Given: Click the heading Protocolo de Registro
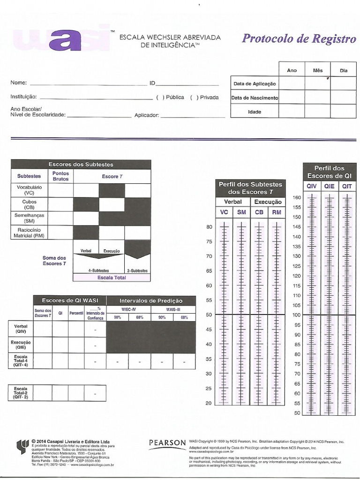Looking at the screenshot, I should (299, 39).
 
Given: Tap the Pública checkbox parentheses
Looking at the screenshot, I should (160, 97).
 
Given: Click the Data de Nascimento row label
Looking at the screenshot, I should (255, 98).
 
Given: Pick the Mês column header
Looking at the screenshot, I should (318, 70).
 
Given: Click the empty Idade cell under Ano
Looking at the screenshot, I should (292, 112).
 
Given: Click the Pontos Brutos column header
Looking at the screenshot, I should (61, 176).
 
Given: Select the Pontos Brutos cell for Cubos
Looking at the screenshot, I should (61, 204).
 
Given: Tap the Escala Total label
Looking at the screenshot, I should (112, 277).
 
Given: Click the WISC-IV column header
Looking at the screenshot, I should (128, 310).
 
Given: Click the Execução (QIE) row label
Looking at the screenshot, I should (21, 345).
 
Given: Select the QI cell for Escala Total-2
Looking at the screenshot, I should (60, 392).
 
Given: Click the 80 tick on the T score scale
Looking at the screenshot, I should (209, 227).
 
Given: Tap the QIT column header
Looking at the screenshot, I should (347, 187).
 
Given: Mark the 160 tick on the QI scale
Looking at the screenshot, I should (297, 197).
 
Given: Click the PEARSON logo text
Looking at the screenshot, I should (167, 442).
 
